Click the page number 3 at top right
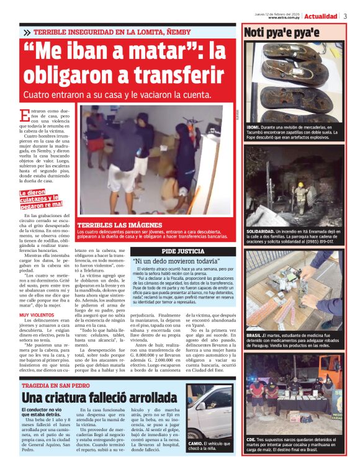tap(345, 16)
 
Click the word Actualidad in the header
tap(321, 16)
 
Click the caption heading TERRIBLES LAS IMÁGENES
tap(112, 225)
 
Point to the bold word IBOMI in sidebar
tap(253, 127)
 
